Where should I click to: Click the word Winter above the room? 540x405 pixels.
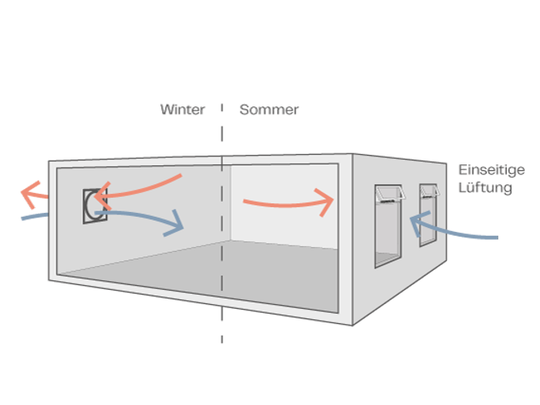pos(183,110)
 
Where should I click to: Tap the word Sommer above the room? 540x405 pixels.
pos(268,110)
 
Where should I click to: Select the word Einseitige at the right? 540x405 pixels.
pos(492,170)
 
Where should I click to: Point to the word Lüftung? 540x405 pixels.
pos(486,188)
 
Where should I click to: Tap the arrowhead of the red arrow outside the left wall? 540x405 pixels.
pos(30,191)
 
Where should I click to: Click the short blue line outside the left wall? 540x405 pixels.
pos(33,216)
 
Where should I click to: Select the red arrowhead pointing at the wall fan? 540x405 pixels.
pos(101,195)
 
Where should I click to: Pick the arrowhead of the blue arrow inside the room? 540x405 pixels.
pos(175,225)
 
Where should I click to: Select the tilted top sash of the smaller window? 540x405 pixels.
pos(430,191)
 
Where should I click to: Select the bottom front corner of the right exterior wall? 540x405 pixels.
pos(352,325)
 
